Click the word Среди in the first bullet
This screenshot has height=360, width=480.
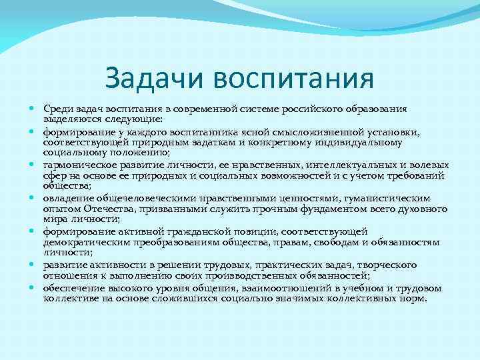pos(57,109)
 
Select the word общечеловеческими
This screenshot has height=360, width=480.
pos(127,198)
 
